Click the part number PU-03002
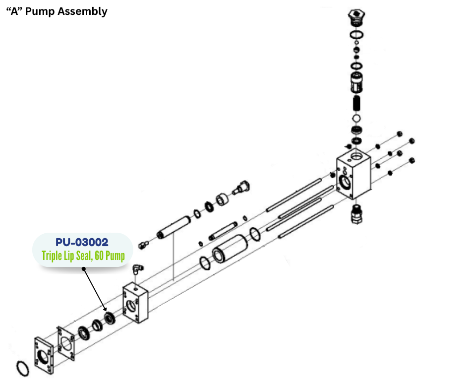[x=82, y=243]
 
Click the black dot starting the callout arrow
[x=84, y=269]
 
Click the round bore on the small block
[x=131, y=306]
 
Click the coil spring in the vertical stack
[x=356, y=104]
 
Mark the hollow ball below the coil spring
[x=356, y=119]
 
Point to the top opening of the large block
[x=356, y=158]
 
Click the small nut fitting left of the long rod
[x=143, y=243]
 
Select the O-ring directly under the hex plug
[x=356, y=35]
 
